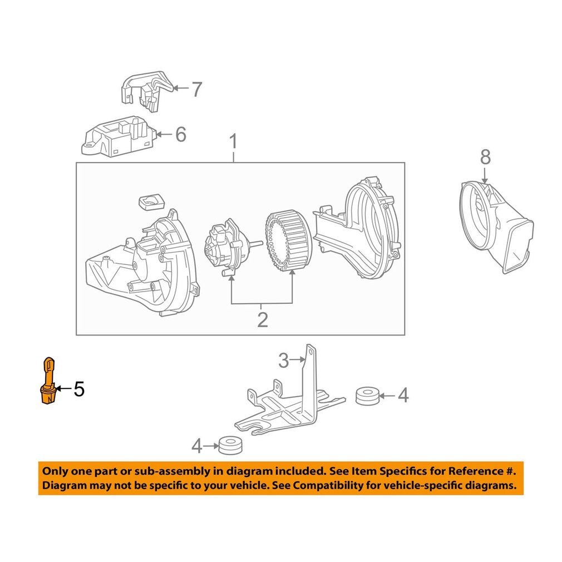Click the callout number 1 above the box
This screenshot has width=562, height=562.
tap(233, 142)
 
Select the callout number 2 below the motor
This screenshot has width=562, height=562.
tap(262, 319)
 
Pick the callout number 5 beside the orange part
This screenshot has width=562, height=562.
tap(79, 389)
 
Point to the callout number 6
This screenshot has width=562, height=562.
tap(180, 134)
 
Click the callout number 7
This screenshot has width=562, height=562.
tap(196, 89)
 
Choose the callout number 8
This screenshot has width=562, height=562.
tap(485, 157)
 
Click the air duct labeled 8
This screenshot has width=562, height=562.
tap(495, 228)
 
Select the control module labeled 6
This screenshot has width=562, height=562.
tap(118, 137)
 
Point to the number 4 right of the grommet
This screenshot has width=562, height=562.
tap(403, 396)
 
